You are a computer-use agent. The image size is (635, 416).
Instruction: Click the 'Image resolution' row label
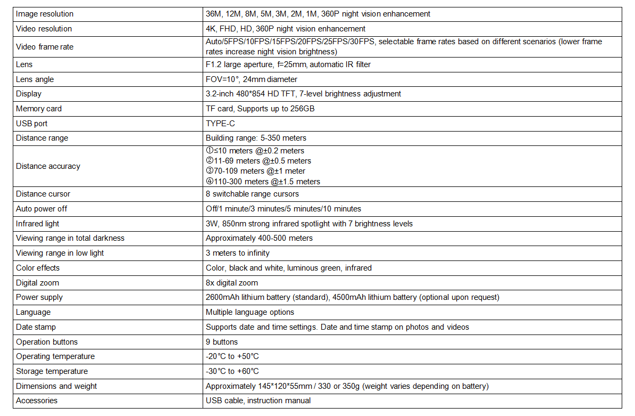coord(45,14)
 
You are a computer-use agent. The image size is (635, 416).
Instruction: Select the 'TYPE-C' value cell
coord(220,124)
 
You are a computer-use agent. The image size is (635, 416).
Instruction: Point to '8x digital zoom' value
coord(231,283)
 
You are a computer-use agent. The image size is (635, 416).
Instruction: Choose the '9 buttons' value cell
coord(222,342)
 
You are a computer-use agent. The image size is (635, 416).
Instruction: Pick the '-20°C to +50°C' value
coord(232,356)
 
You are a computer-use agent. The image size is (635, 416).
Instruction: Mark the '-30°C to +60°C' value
coord(232,371)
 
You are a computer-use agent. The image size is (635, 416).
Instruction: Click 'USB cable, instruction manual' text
coord(258,401)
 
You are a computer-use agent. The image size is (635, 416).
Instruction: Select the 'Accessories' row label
coord(37,401)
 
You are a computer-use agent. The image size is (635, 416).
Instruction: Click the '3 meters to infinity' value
coord(237,253)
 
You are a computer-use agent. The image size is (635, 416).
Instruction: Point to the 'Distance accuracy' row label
coord(48,166)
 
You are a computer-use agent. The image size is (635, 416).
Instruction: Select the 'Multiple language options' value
coord(249,312)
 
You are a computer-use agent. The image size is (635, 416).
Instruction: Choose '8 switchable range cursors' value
coord(252,194)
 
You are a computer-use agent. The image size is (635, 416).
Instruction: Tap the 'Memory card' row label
coord(39,109)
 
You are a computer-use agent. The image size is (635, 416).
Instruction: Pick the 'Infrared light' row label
coord(38,224)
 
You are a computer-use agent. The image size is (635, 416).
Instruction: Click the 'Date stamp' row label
coord(36,327)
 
